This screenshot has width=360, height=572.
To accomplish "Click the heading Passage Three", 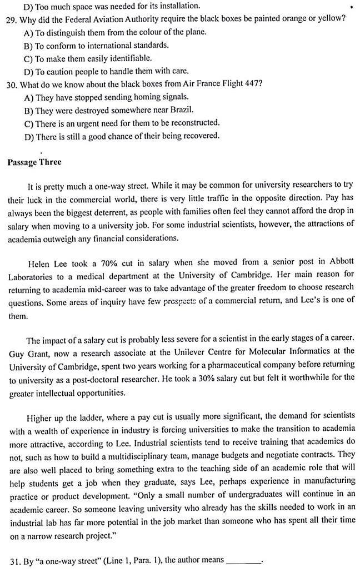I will tap(34, 162).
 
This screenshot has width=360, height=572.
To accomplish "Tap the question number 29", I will tap(12, 18).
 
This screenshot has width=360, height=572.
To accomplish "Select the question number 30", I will tap(12, 84).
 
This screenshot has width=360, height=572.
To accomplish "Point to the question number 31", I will tap(12, 560).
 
